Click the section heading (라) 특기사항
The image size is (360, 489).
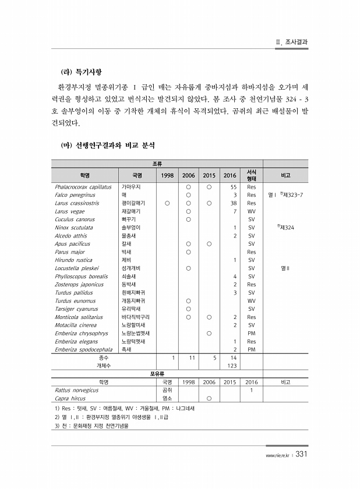click(82, 72)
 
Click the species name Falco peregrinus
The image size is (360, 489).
click(75, 195)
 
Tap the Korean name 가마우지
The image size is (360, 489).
click(131, 187)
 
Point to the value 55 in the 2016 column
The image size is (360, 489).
click(232, 187)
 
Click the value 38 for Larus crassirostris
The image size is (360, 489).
click(232, 203)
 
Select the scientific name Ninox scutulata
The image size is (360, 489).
click(73, 228)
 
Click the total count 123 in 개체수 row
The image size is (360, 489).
click(231, 365)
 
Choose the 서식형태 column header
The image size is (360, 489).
click(252, 175)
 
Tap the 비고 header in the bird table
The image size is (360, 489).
click(285, 175)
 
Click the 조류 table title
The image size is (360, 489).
click(157, 165)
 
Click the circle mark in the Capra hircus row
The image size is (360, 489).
click(208, 398)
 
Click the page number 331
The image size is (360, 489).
click(301, 454)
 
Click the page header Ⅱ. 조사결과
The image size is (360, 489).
click(291, 42)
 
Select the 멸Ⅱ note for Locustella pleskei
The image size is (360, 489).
click(285, 268)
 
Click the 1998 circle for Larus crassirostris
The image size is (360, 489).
click(167, 203)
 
